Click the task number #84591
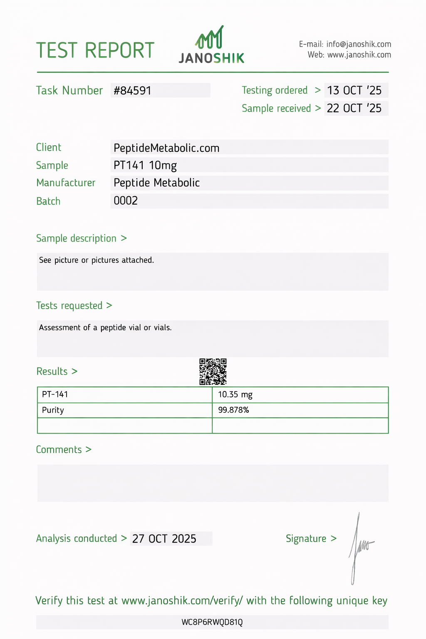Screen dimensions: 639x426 pyautogui.click(x=133, y=91)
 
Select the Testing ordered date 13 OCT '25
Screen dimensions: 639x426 pyautogui.click(x=354, y=90)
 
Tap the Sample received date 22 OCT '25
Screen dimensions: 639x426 pyautogui.click(x=354, y=108)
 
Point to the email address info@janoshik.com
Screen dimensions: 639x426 pyautogui.click(x=359, y=44)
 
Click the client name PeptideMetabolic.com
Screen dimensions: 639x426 pyautogui.click(x=166, y=148)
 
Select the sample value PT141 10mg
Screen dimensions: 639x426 pyautogui.click(x=145, y=166)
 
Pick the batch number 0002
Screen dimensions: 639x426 pyautogui.click(x=126, y=201)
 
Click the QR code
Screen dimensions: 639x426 pyautogui.click(x=213, y=372)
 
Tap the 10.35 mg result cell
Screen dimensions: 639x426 pyautogui.click(x=235, y=394)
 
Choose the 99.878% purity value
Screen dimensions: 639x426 pyautogui.click(x=233, y=410)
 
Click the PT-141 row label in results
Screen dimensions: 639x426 pyautogui.click(x=55, y=394)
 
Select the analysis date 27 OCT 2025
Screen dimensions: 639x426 pyautogui.click(x=164, y=539)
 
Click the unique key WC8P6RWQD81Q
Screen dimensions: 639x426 pyautogui.click(x=212, y=622)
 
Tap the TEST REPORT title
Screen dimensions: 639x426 pyautogui.click(x=95, y=50)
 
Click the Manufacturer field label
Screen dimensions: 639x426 pyautogui.click(x=66, y=183)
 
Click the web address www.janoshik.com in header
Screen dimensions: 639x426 pyautogui.click(x=359, y=55)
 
